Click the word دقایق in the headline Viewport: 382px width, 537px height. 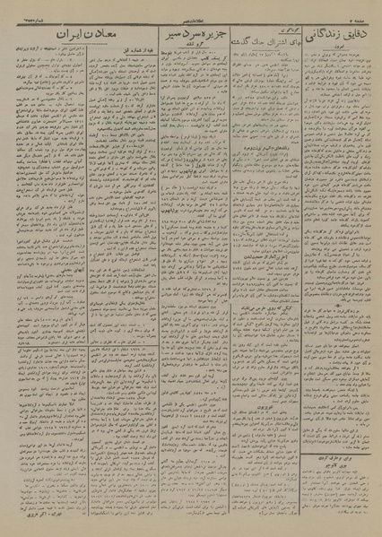click(x=354, y=35)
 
